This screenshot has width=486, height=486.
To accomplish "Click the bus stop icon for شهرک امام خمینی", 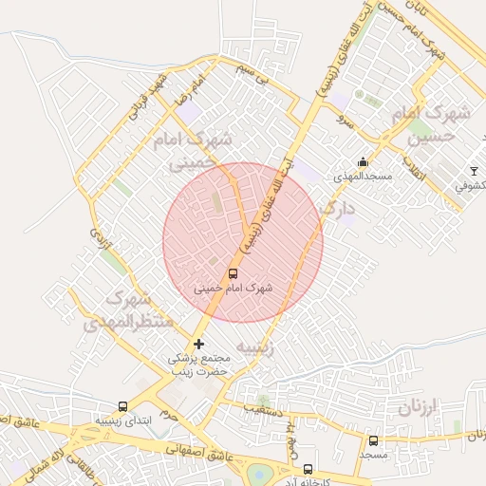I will tap(234, 272).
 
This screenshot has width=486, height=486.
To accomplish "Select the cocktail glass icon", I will tap(474, 171).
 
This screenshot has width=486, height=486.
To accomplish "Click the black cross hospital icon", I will tap(198, 343).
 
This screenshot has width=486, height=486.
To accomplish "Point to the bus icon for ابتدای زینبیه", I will tap(122, 405).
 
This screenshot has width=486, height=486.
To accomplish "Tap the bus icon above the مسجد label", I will tap(373, 441).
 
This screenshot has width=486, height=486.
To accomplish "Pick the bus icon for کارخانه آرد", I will tap(307, 468).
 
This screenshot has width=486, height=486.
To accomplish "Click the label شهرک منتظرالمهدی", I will tap(128, 310).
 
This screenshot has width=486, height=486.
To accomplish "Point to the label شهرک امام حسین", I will tap(432, 125).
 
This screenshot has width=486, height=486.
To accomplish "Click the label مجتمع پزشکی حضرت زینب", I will tap(199, 365).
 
